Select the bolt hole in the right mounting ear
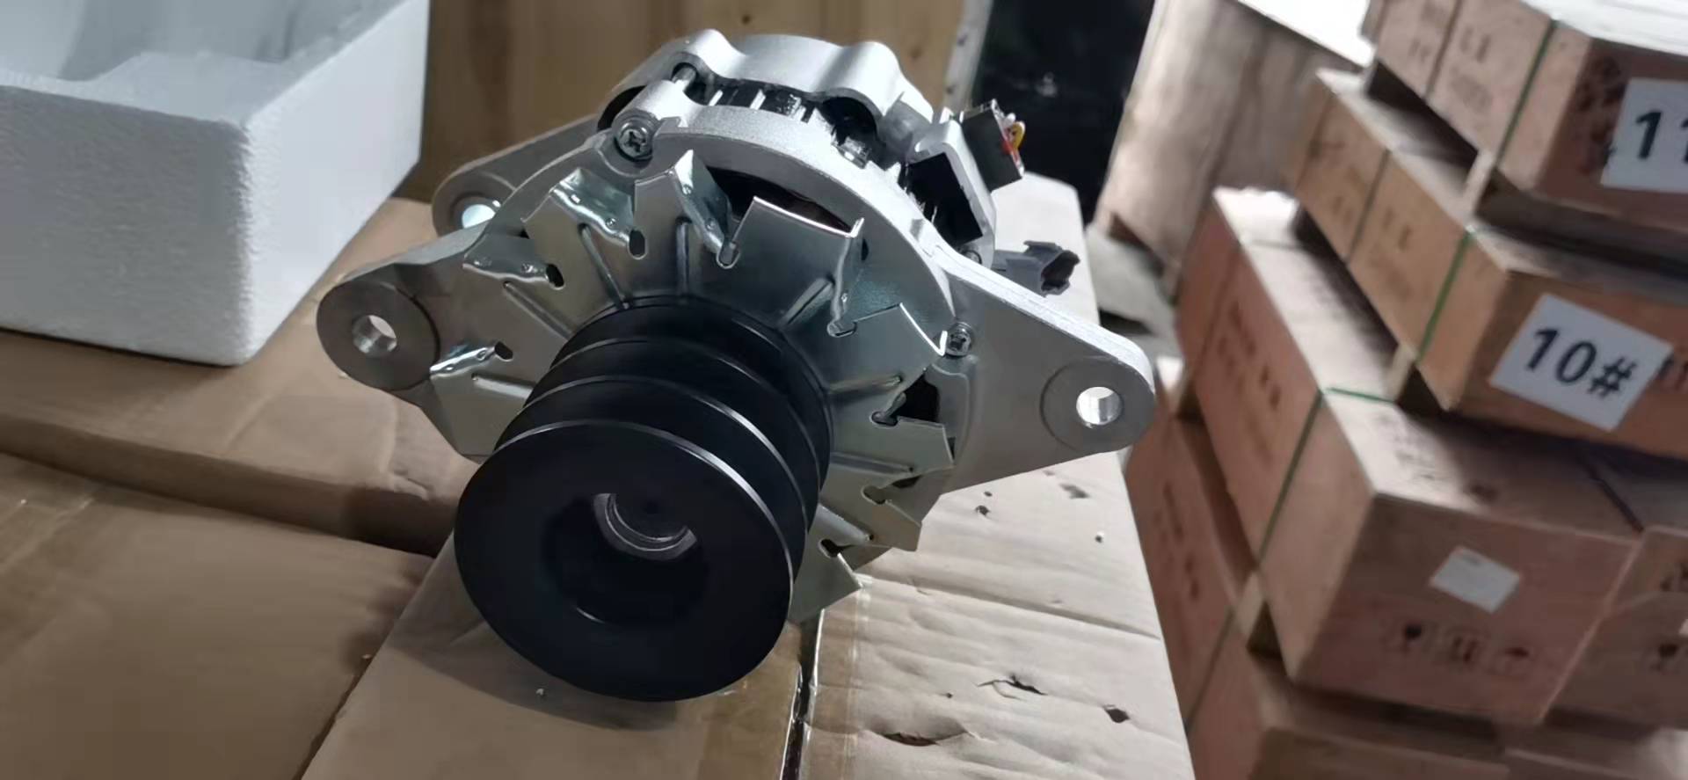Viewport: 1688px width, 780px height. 1100,404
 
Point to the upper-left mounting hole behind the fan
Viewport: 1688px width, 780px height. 476,212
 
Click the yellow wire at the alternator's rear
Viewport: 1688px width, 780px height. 1019,132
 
